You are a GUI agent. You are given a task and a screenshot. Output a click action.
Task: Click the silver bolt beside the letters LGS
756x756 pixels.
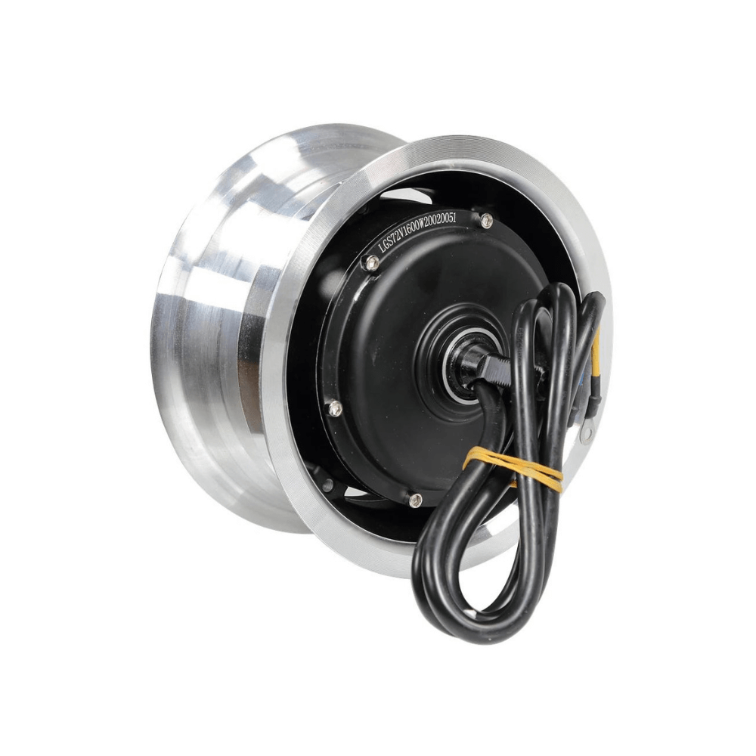point(370,262)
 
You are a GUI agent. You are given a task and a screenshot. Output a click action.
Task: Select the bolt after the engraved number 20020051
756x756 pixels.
point(486,220)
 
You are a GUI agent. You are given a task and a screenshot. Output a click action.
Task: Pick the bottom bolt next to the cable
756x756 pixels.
point(415,500)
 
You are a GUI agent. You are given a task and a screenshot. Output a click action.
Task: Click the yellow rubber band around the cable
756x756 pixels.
point(514,467)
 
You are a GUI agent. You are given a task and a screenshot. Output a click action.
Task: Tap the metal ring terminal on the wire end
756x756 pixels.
point(586,432)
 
